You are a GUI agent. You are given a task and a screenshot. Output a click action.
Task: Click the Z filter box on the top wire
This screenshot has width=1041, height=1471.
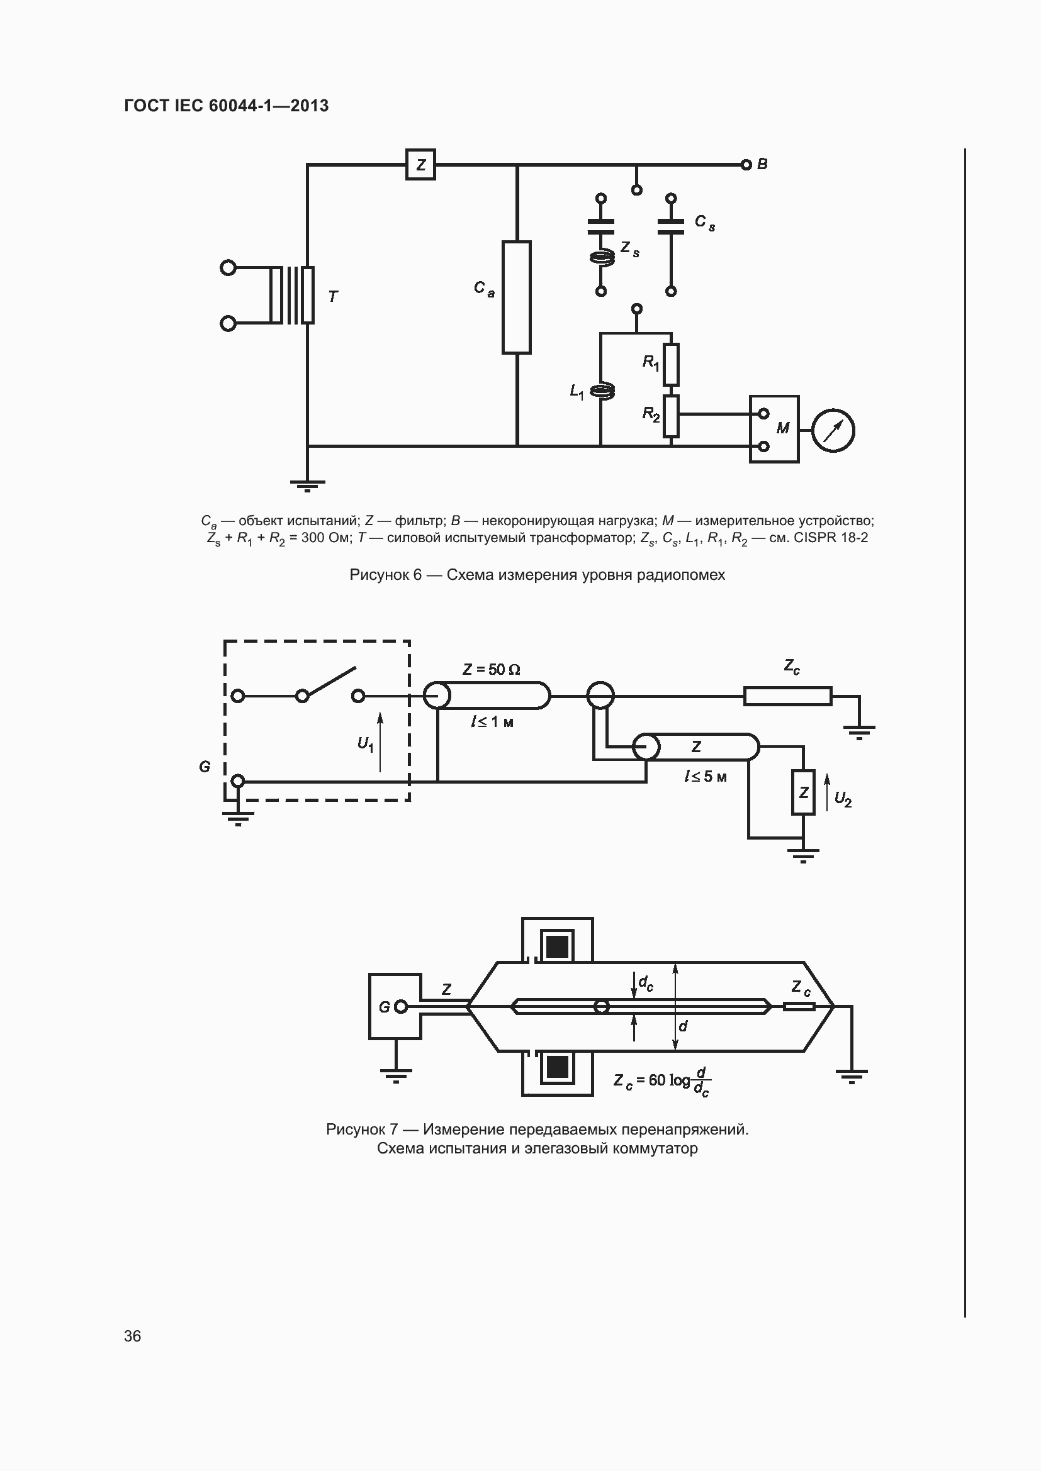pyautogui.click(x=420, y=165)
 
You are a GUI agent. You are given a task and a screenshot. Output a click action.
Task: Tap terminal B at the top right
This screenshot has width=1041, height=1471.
pyautogui.click(x=746, y=165)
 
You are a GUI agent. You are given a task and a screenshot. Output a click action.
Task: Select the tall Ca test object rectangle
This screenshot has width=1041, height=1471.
pyautogui.click(x=516, y=297)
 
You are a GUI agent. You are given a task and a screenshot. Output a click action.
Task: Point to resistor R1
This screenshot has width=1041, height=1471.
pyautogui.click(x=670, y=364)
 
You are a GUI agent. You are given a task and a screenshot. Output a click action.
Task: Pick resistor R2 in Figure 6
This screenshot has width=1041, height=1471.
pyautogui.click(x=670, y=416)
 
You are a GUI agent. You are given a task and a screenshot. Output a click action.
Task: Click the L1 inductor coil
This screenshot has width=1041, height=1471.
pyautogui.click(x=601, y=391)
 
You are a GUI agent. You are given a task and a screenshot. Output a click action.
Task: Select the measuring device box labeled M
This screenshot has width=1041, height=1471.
pyautogui.click(x=774, y=430)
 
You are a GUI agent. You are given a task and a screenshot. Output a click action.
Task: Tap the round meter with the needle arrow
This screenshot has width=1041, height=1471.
pyautogui.click(x=833, y=430)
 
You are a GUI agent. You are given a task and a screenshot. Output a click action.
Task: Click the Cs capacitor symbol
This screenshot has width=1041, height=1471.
pyautogui.click(x=670, y=226)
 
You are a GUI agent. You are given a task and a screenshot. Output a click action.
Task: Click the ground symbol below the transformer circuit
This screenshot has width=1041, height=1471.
pyautogui.click(x=307, y=485)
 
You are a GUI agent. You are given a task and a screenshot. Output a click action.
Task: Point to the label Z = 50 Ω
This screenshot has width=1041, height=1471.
pyautogui.click(x=491, y=670)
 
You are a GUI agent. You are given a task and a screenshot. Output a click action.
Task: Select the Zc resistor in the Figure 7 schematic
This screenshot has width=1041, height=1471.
pyautogui.click(x=787, y=696)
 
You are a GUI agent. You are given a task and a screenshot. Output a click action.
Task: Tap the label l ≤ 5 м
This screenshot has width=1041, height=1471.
pyautogui.click(x=705, y=777)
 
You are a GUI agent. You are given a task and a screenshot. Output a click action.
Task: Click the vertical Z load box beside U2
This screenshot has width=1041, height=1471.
pyautogui.click(x=803, y=792)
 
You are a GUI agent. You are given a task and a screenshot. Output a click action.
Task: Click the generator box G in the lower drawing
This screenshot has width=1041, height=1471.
pyautogui.click(x=395, y=1006)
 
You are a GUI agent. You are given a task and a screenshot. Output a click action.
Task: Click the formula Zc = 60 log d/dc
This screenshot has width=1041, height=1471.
pyautogui.click(x=661, y=1081)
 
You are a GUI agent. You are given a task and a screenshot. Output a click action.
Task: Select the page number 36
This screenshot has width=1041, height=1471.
pyautogui.click(x=133, y=1336)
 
